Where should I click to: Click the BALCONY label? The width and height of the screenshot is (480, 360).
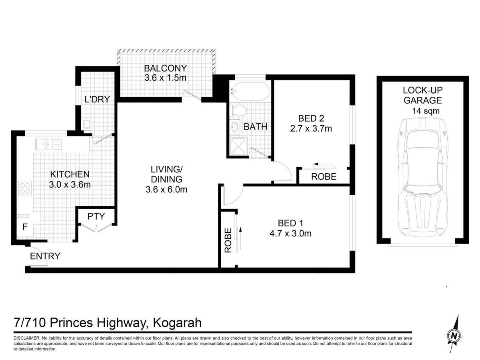[x=165, y=68]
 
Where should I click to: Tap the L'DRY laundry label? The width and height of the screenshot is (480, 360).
[x=97, y=100]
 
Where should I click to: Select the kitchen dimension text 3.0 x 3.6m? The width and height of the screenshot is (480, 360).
[x=70, y=185]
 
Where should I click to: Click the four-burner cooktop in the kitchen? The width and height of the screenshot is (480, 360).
[x=25, y=188]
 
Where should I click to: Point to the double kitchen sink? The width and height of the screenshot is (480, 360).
[x=48, y=144]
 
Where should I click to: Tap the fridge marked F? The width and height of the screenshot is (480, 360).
[x=25, y=227]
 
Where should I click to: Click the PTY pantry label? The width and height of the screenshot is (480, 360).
[x=96, y=216]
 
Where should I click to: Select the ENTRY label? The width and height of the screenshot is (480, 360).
[x=45, y=256]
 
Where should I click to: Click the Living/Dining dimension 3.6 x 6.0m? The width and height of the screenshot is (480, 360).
[x=166, y=190]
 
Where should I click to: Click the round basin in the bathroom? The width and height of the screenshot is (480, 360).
[x=235, y=127]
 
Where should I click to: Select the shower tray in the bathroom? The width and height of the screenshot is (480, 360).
[x=238, y=147]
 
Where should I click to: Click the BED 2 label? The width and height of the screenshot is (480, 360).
[x=311, y=118]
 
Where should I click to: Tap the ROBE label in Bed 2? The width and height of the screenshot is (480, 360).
[x=324, y=177]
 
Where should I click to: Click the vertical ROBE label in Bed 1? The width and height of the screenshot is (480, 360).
[x=228, y=240]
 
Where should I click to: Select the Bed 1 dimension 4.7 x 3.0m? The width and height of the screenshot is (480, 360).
[x=290, y=234]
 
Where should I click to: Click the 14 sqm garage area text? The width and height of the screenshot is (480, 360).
[x=426, y=111]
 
